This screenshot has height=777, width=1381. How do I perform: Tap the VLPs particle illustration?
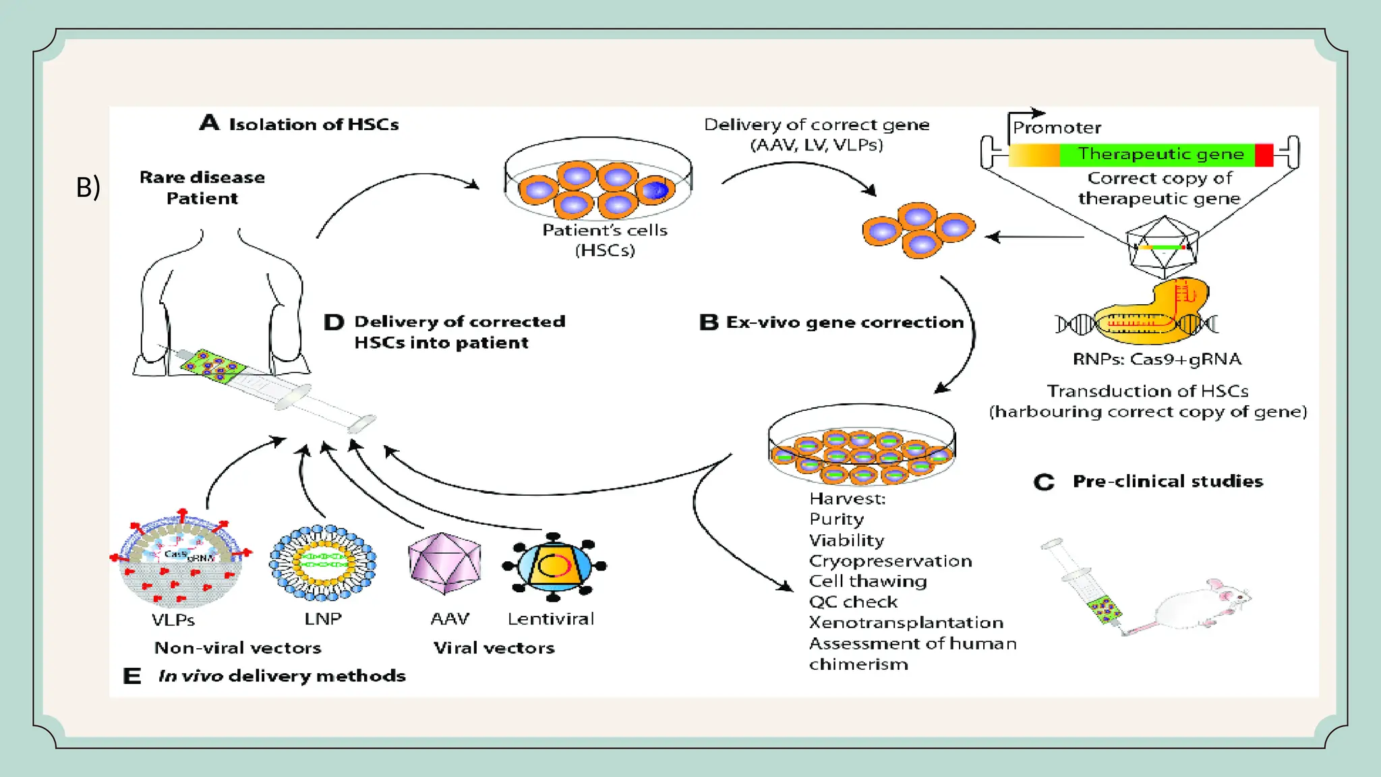(x=180, y=560)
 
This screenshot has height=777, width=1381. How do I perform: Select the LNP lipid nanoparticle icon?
(x=322, y=563)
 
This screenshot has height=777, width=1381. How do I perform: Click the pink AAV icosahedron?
(x=444, y=563)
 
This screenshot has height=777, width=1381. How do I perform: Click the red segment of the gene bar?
(x=1264, y=155)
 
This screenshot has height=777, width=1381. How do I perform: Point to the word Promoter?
(x=1057, y=127)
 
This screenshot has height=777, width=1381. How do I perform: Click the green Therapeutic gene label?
(x=1160, y=154)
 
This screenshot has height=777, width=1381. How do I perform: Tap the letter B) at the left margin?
(x=88, y=187)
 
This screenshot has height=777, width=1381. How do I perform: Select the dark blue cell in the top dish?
(x=654, y=190)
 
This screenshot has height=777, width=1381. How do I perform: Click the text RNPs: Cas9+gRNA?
(x=1156, y=359)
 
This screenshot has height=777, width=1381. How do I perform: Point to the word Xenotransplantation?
(x=906, y=623)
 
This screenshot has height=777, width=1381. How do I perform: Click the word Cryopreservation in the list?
(x=890, y=561)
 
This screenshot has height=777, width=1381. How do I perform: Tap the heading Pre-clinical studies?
(x=1167, y=481)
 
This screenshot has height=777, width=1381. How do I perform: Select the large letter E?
(x=132, y=676)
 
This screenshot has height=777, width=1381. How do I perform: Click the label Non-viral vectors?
(x=237, y=647)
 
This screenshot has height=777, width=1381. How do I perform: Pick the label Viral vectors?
(x=494, y=647)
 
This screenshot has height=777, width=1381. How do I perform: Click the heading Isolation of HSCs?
(x=314, y=124)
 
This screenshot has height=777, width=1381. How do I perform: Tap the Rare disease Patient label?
(x=202, y=188)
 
